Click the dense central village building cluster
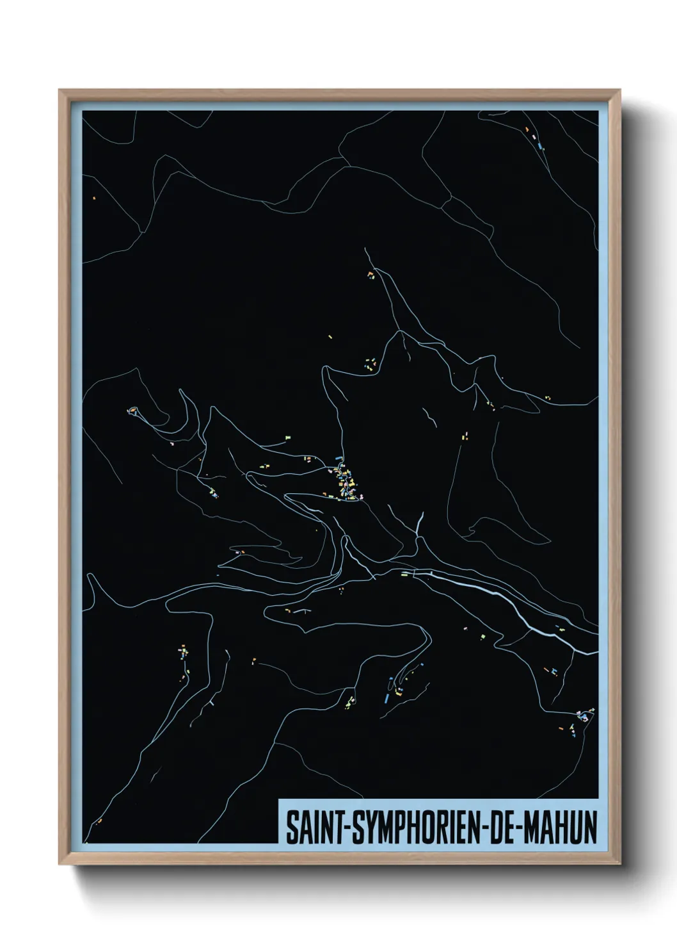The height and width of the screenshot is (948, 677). [346, 480]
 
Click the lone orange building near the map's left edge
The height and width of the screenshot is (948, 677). [93, 198]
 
